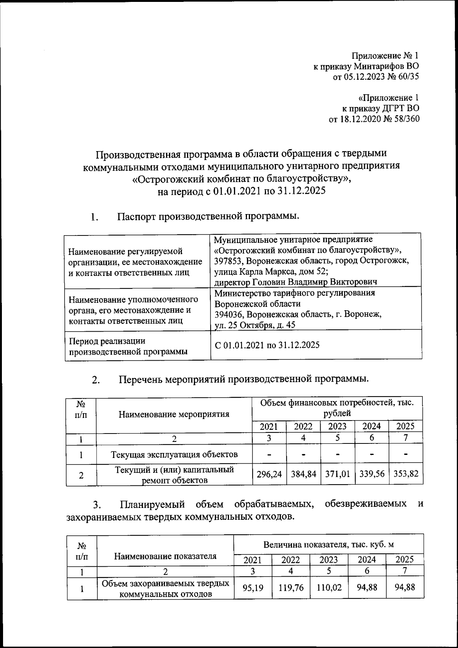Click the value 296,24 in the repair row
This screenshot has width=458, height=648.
point(270,474)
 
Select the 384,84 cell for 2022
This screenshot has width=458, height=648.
point(303,474)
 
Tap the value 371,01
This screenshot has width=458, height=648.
point(337,474)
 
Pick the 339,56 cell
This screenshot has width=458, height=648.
point(371,474)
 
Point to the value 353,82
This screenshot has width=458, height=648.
point(405,474)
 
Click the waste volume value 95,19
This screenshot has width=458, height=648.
point(253,588)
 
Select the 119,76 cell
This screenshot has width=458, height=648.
point(291,588)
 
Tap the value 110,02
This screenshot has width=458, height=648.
point(329,588)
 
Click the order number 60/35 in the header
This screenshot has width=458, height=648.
point(408,77)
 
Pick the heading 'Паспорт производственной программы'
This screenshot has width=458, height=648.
point(208,216)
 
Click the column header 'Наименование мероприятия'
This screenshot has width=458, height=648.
point(174,414)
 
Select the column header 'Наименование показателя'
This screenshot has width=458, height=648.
point(165,556)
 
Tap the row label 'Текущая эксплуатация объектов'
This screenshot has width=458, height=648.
point(174,454)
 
